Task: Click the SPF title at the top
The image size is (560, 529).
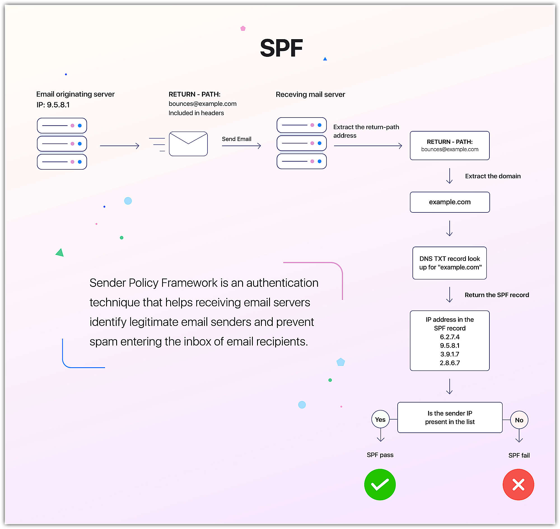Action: (x=281, y=48)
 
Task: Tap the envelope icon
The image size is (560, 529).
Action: (x=188, y=144)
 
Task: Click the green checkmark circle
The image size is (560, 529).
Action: (x=380, y=484)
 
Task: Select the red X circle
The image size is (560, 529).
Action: (x=518, y=484)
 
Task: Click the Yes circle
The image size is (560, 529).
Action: (x=380, y=420)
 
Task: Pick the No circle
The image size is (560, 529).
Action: (x=519, y=420)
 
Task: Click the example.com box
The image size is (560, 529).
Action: (x=450, y=202)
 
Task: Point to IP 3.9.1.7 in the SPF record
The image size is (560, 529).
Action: (x=450, y=354)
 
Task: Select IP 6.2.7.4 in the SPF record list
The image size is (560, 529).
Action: (x=450, y=337)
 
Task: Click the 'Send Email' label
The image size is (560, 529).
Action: (x=236, y=139)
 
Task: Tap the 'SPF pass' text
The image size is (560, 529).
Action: (x=380, y=455)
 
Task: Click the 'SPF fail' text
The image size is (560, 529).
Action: (x=519, y=455)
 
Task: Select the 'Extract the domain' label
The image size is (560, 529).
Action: (x=493, y=176)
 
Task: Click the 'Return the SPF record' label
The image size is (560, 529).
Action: (x=496, y=295)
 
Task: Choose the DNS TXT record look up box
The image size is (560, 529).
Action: (x=450, y=263)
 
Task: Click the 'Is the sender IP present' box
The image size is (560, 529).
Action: (x=450, y=417)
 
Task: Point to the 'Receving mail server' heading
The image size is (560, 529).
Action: (x=310, y=95)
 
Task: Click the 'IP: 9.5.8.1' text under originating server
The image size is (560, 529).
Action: (x=53, y=105)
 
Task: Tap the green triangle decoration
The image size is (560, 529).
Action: (x=60, y=253)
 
